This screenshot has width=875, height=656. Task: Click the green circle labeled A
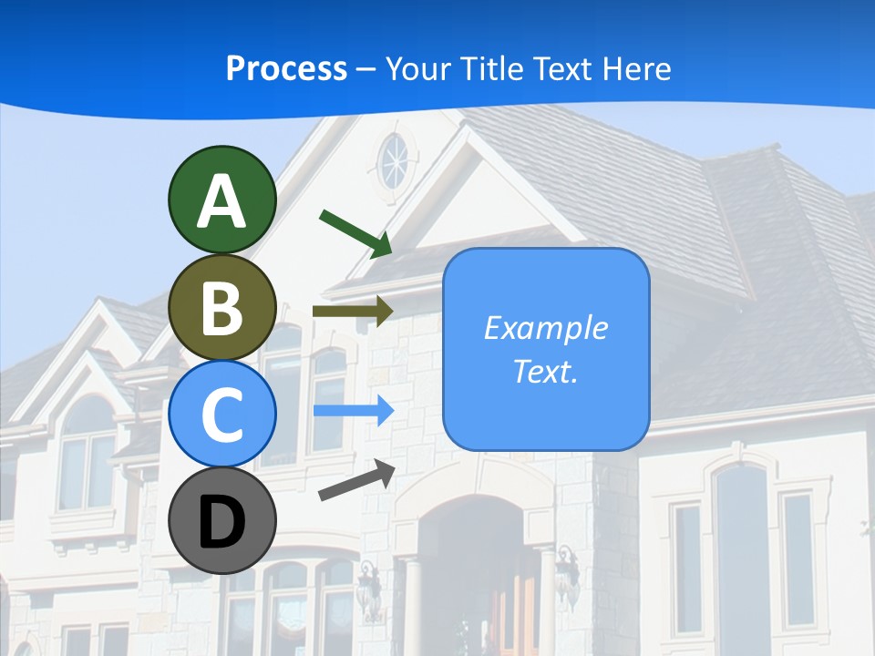point(221,200)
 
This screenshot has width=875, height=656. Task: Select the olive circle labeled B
point(221,307)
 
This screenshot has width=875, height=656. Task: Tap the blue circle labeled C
point(221,414)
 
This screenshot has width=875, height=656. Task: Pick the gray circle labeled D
point(221,520)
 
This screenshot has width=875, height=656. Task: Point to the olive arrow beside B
point(353,311)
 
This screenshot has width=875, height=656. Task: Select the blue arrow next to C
point(354,411)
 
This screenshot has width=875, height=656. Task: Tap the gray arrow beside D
point(356,480)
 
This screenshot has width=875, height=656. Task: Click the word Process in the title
point(286,68)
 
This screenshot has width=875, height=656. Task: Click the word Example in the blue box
point(545,328)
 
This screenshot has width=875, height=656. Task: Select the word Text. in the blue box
point(545,371)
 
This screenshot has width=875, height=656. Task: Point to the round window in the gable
point(395,160)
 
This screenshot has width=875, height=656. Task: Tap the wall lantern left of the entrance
point(369,588)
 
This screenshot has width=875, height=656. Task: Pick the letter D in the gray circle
point(221,522)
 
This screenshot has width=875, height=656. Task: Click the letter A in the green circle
point(221,201)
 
